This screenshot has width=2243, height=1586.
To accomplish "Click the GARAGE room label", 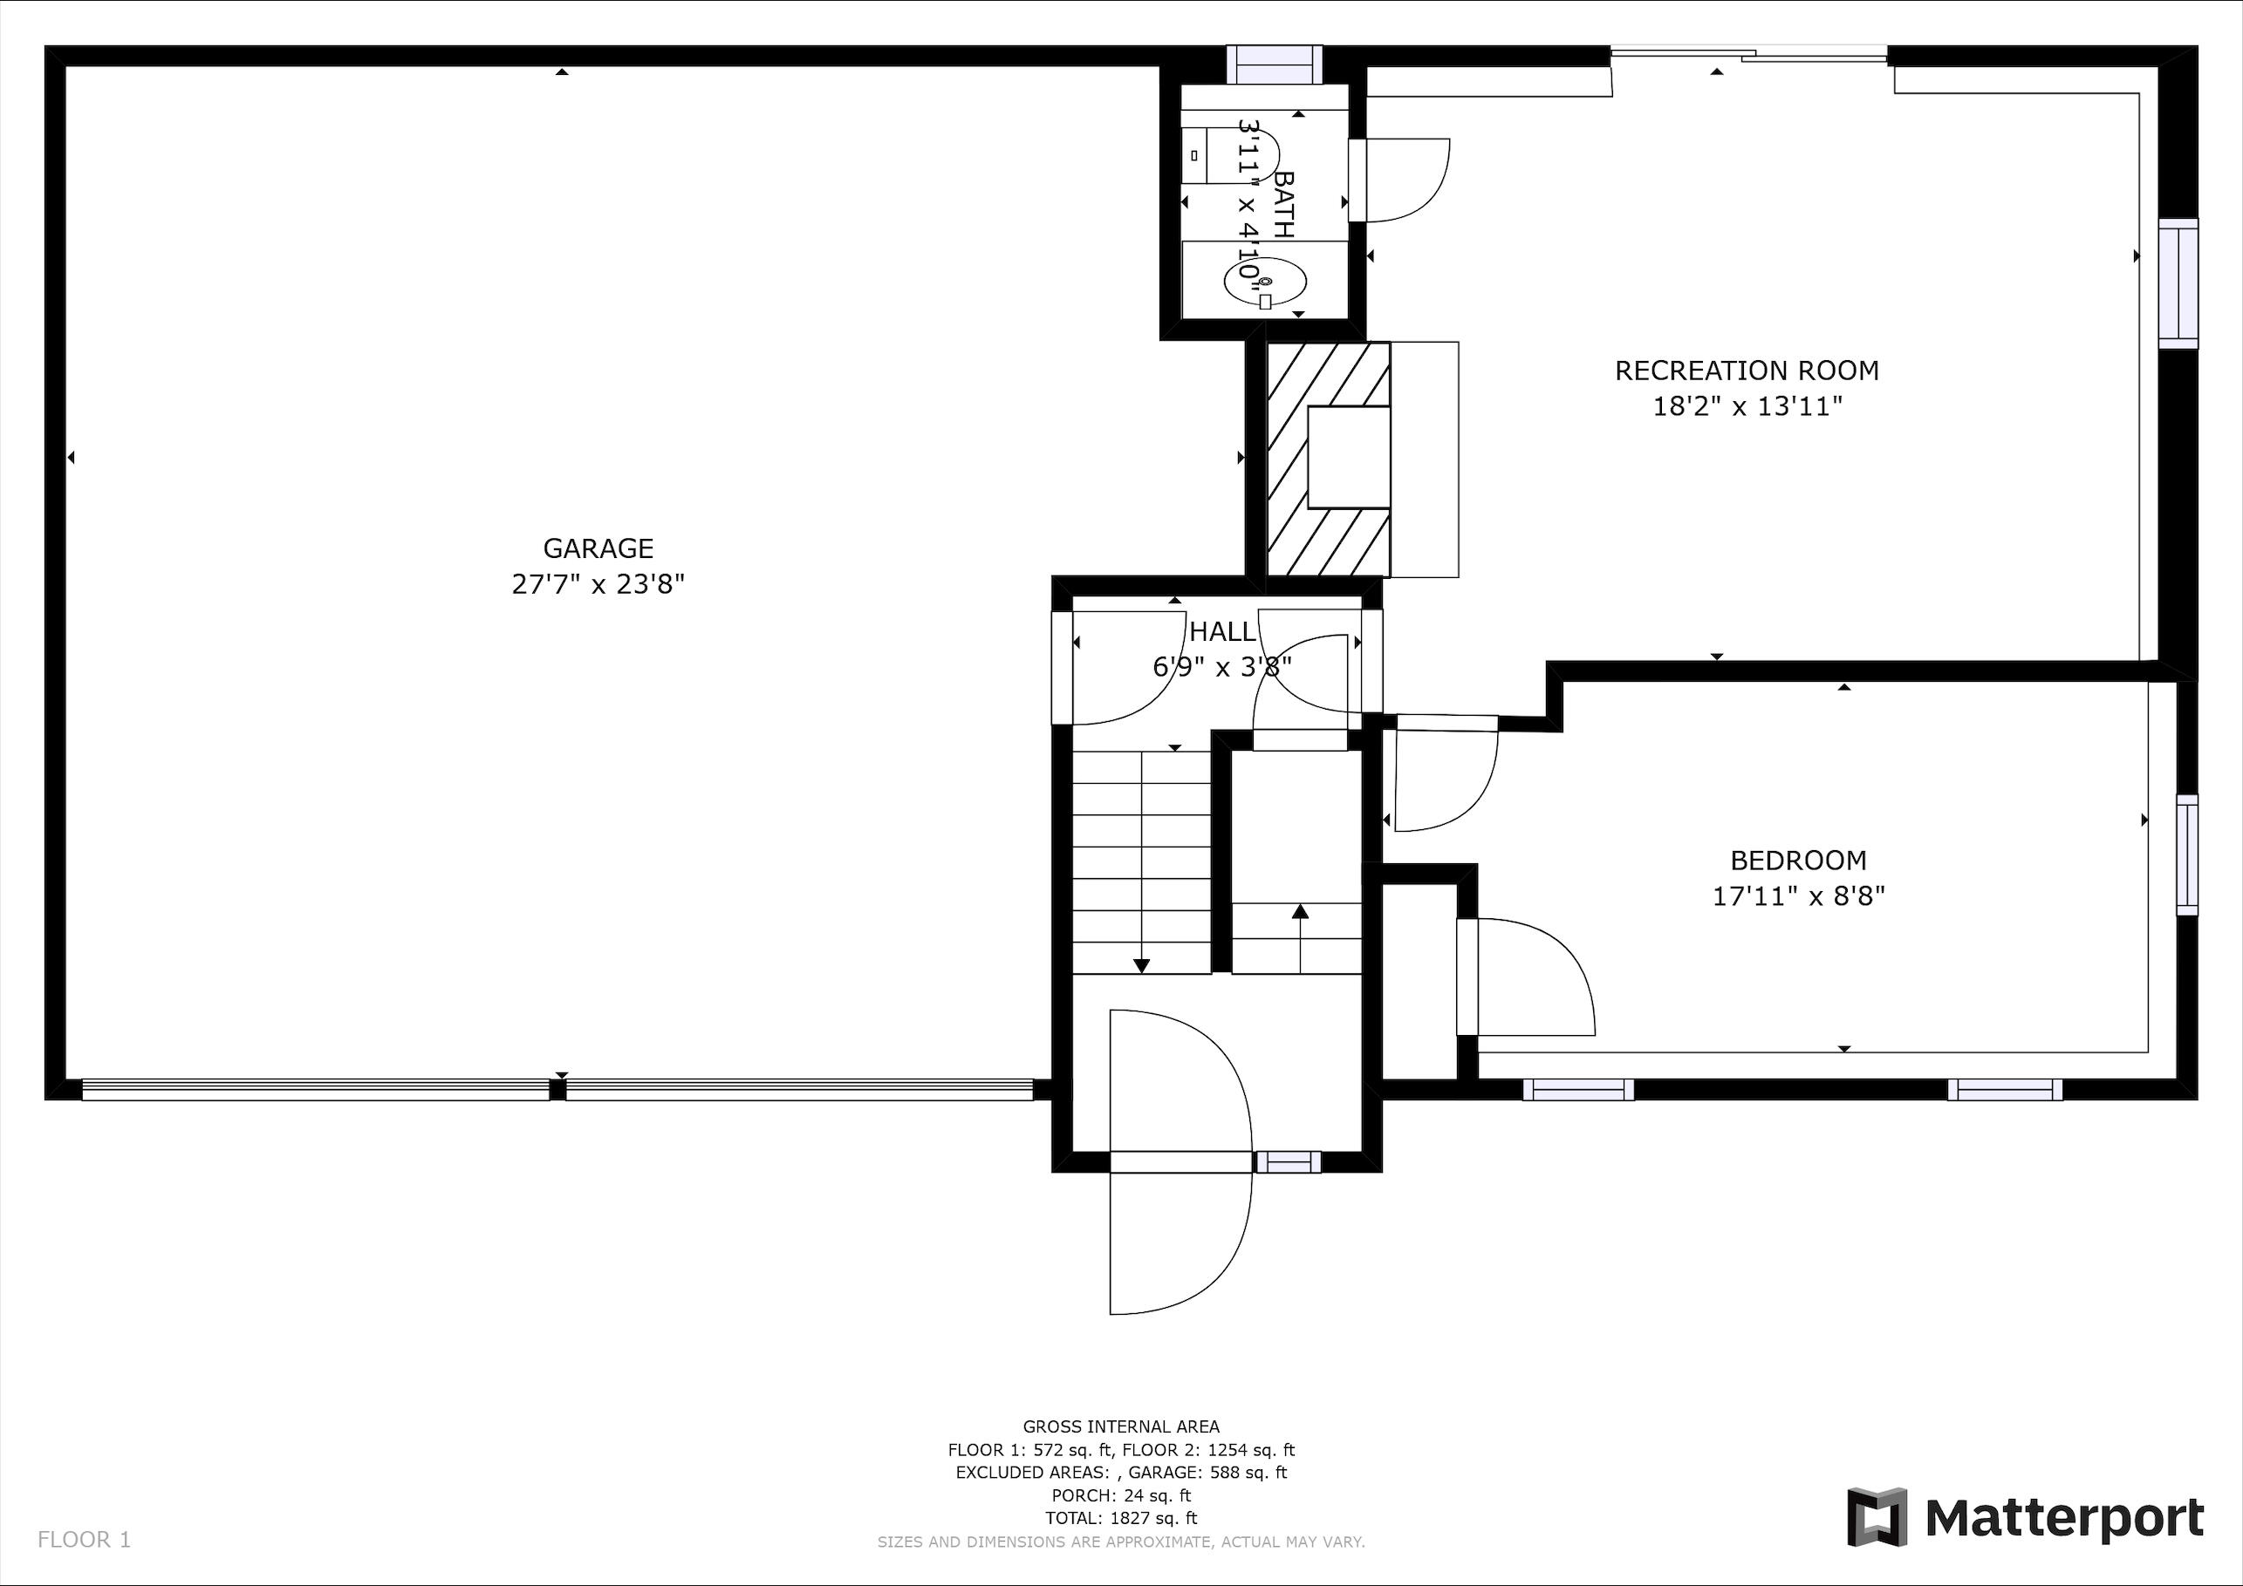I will [598, 548].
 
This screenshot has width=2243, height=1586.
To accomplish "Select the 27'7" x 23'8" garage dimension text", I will [598, 584].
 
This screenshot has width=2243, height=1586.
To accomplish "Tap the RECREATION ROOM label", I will [1747, 371].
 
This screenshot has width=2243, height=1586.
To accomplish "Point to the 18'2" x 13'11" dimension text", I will [1747, 406].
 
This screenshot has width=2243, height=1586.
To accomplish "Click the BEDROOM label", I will [1797, 861].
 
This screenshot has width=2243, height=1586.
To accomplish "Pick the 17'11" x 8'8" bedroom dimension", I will [1797, 895].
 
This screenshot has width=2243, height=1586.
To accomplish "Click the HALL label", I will [1222, 632].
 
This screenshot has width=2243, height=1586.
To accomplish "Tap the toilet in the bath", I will [1231, 154].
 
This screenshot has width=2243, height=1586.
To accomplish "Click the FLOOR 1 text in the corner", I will [84, 1540].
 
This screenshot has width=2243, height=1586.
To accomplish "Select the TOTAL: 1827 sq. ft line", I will [1120, 1518].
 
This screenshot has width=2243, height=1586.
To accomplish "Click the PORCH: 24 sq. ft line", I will [1120, 1495].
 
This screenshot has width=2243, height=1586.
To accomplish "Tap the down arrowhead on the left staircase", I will [1141, 966].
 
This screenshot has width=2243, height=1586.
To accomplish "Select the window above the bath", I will [1274, 65].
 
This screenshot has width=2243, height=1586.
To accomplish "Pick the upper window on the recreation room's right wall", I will [2178, 283].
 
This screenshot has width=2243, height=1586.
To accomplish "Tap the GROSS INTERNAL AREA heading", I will [1120, 1426].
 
